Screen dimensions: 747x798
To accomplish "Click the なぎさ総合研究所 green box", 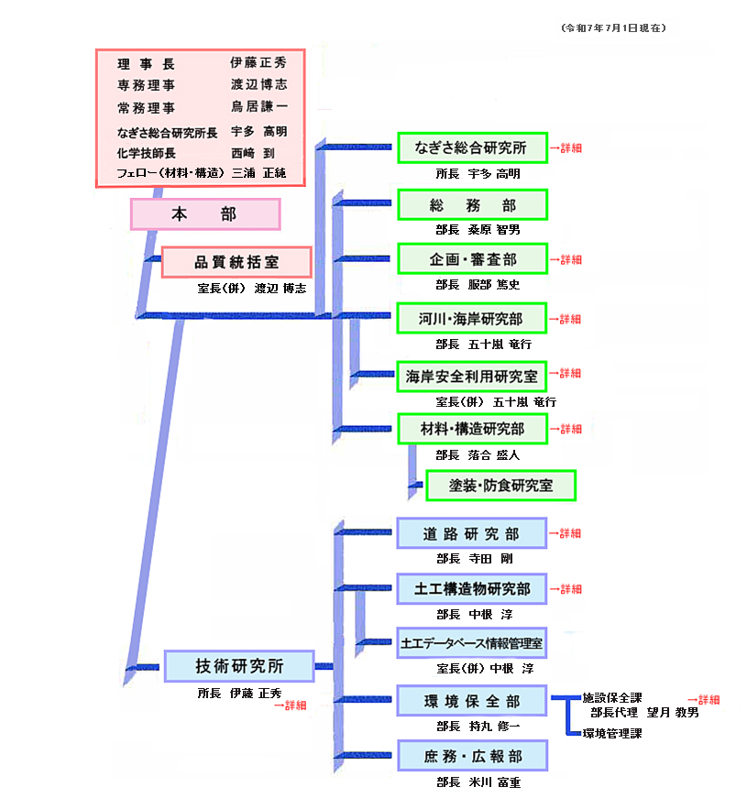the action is (x=473, y=148).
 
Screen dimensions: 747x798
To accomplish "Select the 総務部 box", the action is (x=473, y=205).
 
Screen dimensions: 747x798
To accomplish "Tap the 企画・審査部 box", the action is (x=473, y=259).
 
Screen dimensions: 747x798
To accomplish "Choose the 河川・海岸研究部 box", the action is (x=472, y=319).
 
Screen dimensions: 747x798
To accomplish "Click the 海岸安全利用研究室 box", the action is (x=471, y=377).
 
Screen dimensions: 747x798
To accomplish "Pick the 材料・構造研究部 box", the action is (x=473, y=429).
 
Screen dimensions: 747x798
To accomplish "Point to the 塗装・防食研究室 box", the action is (x=501, y=486).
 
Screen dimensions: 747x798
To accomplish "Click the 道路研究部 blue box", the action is (x=472, y=533).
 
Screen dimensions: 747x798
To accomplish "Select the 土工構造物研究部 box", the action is (x=472, y=589).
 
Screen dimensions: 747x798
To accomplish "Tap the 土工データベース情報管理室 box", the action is (x=472, y=643).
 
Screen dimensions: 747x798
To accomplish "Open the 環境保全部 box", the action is (x=472, y=701).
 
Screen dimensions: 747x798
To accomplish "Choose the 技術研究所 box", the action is (x=239, y=666).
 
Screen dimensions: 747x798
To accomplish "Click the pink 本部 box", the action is (x=205, y=214).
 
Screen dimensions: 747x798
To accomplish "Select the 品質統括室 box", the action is (x=236, y=262).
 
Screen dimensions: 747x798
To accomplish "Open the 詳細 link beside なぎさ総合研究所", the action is (x=566, y=148).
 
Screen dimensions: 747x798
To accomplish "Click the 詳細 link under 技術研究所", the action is (x=291, y=705).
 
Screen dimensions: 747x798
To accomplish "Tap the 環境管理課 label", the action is (x=612, y=733).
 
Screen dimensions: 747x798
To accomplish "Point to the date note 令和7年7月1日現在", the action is (x=613, y=28).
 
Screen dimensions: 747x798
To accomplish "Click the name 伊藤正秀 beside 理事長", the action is (x=258, y=62).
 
